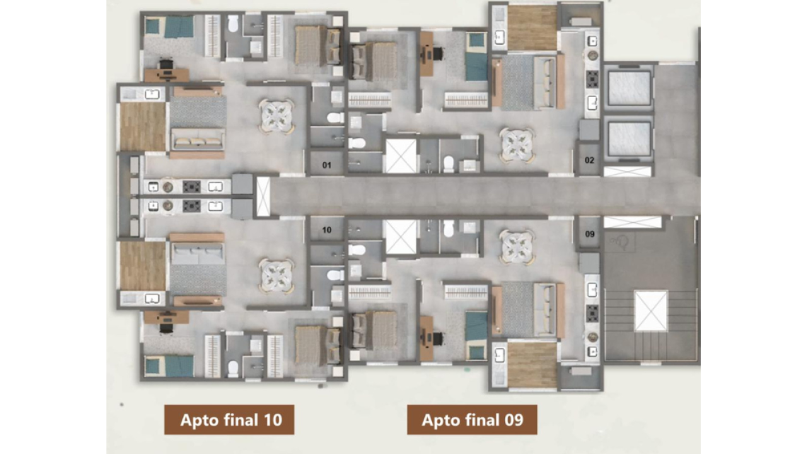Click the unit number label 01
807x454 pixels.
327,166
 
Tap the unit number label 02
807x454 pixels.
589,160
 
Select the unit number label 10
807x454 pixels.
327,230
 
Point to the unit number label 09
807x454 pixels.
589,234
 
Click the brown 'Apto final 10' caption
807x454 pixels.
229,420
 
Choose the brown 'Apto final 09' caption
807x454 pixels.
472,420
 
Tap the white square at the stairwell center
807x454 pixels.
651,311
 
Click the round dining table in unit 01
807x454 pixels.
277,116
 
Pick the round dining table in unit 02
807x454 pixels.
517,145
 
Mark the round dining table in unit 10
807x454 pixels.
277,276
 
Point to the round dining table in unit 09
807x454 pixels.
517,247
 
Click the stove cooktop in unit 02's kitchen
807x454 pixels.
593,79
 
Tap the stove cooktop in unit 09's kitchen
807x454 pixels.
593,313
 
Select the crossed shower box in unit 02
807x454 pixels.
401,156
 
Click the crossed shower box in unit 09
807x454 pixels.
401,237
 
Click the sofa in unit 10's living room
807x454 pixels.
197,253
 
